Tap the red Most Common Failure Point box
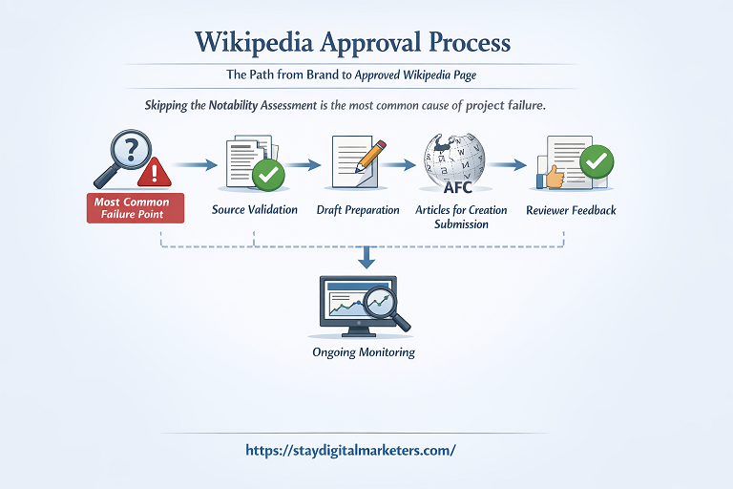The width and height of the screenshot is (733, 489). coord(132,208)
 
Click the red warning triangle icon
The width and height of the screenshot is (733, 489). coord(153,172)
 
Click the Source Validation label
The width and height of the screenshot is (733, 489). coord(255,209)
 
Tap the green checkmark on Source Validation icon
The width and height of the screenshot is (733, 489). coord(268,175)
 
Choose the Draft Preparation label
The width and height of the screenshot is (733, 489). coord(358,209)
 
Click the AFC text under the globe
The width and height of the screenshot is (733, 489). coord(458,187)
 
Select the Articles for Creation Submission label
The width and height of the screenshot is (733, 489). coord(461,217)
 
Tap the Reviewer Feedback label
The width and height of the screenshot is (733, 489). coord(572,209)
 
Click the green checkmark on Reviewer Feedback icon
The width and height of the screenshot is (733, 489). coord(597,161)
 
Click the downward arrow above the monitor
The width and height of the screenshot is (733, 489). coord(366,256)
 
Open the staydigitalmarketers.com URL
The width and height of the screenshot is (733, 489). coord(350,449)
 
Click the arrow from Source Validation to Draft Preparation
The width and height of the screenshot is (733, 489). coord(304,165)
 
